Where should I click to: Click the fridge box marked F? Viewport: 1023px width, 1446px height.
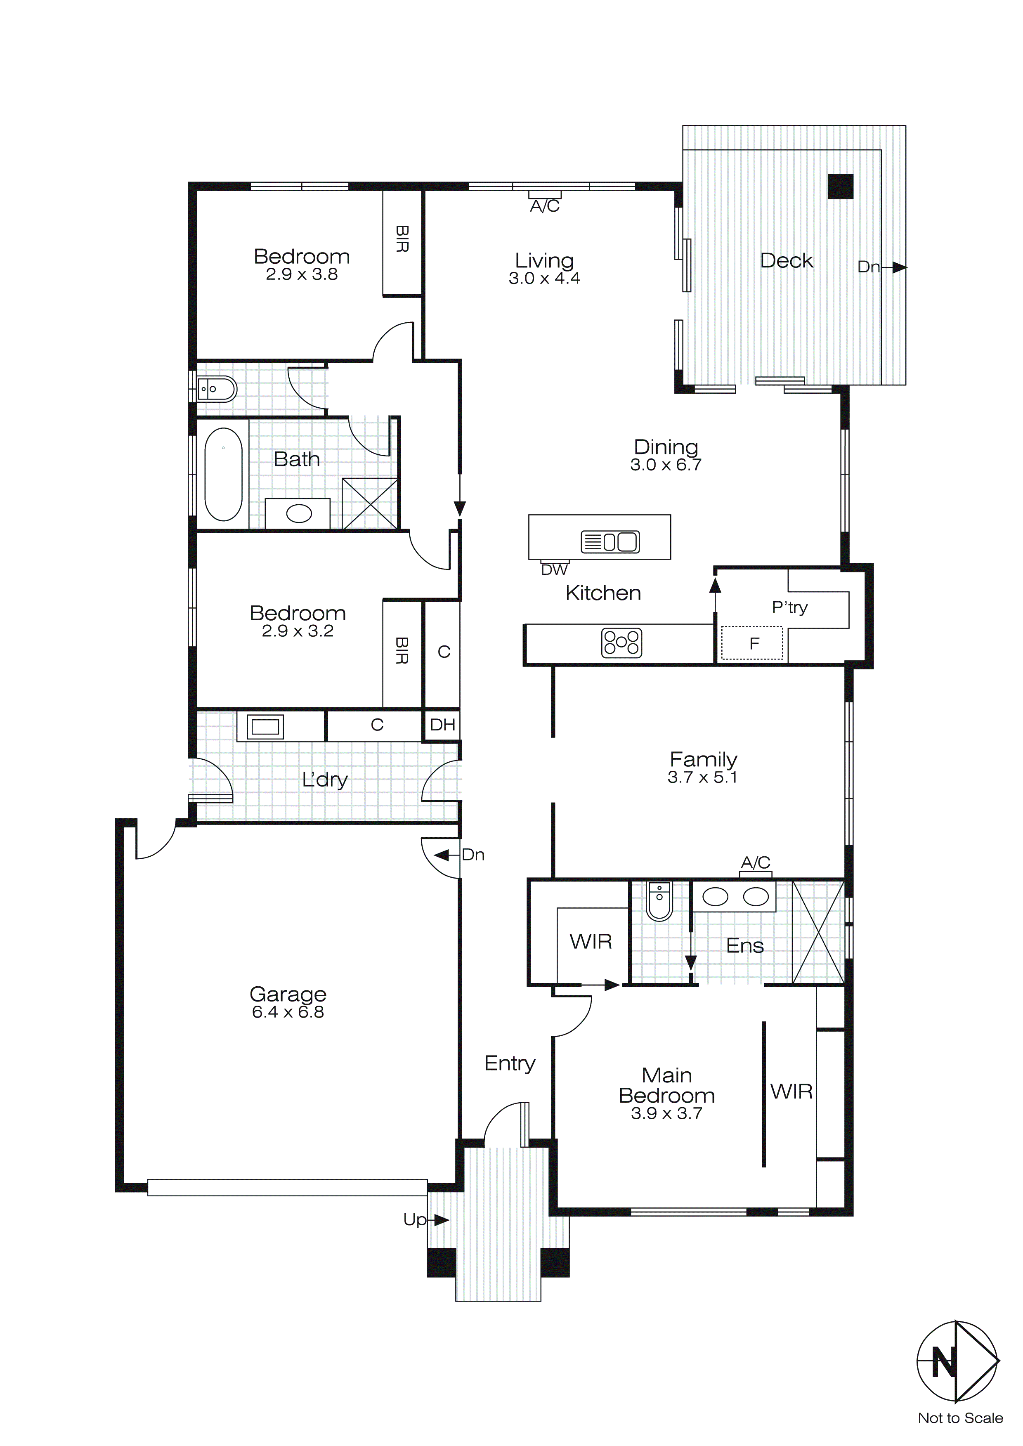pyautogui.click(x=752, y=643)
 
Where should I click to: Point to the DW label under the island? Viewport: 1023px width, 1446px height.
pyautogui.click(x=554, y=570)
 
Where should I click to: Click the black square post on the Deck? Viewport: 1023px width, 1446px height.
pyautogui.click(x=840, y=187)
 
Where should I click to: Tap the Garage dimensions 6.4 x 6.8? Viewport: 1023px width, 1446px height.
pyautogui.click(x=288, y=1012)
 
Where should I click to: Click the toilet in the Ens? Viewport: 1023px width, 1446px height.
pyautogui.click(x=659, y=902)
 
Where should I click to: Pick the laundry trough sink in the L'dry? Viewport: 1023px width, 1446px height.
pyautogui.click(x=265, y=727)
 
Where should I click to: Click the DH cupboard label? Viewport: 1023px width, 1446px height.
pyautogui.click(x=442, y=725)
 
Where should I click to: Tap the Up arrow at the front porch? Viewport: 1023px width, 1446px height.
pyautogui.click(x=439, y=1221)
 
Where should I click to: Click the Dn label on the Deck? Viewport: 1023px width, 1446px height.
pyautogui.click(x=868, y=267)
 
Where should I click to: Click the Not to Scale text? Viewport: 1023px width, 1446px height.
pyautogui.click(x=960, y=1418)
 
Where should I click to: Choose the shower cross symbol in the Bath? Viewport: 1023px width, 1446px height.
pyautogui.click(x=370, y=504)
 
